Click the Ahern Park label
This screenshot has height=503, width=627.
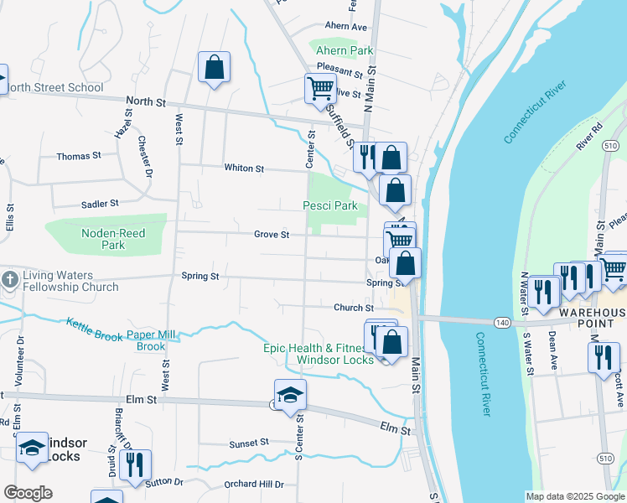[x=344, y=51]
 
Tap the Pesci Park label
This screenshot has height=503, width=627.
[x=330, y=205]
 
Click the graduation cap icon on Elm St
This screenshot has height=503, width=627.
[x=290, y=395]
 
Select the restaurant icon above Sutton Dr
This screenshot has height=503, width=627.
[x=135, y=464]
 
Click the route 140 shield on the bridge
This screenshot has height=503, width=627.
[x=502, y=322]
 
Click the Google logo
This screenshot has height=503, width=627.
[x=28, y=493]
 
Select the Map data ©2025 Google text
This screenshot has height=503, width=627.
[x=575, y=496]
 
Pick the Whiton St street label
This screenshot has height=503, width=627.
[x=244, y=169]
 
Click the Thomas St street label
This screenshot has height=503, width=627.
[x=78, y=156]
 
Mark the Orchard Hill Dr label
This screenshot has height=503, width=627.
[x=255, y=485]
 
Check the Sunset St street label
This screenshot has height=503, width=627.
[x=249, y=442]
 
